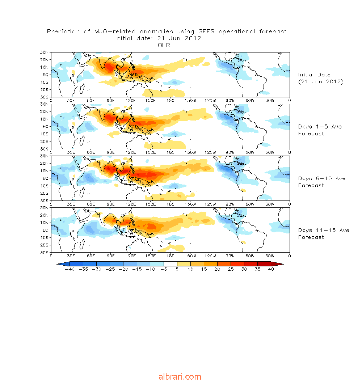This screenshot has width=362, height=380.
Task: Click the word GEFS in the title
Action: (x=206, y=31)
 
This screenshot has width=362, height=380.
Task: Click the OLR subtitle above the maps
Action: (x=164, y=45)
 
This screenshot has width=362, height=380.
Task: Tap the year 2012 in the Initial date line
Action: (x=193, y=38)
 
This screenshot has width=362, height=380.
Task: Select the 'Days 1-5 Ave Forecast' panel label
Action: (x=320, y=130)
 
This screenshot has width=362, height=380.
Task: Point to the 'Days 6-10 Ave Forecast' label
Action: (x=321, y=182)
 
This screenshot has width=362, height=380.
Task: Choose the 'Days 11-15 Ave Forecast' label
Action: (x=324, y=234)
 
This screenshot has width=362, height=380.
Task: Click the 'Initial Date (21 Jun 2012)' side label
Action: (x=320, y=78)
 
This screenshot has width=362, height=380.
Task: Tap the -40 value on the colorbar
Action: (x=70, y=269)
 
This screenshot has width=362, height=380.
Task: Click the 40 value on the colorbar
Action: (x=271, y=269)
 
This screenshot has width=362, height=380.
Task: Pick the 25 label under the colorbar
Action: (x=231, y=269)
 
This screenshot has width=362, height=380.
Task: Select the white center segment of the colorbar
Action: (x=171, y=264)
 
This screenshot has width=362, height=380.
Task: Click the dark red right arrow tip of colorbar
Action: (x=284, y=264)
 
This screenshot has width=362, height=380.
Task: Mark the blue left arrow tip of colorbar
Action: (x=56, y=264)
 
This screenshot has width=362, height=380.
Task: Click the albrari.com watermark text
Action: (x=180, y=376)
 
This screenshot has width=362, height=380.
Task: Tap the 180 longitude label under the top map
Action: (x=170, y=101)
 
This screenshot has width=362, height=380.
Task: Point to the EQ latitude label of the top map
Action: (x=46, y=75)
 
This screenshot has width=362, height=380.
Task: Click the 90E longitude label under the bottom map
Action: (x=110, y=256)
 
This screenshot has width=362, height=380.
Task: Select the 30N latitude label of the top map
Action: (x=45, y=52)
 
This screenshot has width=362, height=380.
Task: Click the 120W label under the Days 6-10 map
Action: (x=210, y=204)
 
